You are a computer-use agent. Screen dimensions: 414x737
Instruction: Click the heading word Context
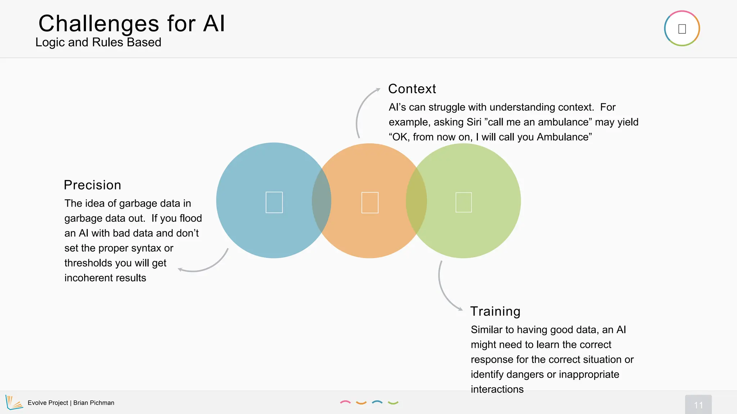click(x=412, y=89)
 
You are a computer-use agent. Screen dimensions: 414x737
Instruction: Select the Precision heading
click(x=92, y=185)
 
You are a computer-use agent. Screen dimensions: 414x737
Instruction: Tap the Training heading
click(x=495, y=311)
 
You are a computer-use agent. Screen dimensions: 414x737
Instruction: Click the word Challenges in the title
click(x=99, y=24)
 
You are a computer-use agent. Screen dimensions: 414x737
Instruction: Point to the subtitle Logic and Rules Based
click(x=98, y=42)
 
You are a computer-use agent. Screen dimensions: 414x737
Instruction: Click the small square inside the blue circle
click(x=274, y=202)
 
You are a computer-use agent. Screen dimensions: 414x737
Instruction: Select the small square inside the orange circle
click(x=370, y=203)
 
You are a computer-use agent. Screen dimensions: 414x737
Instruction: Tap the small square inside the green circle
click(x=464, y=202)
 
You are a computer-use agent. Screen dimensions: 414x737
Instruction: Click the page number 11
click(x=698, y=405)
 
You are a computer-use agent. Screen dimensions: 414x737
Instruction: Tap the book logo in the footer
click(x=14, y=402)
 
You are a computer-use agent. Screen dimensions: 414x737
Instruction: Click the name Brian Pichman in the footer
click(x=94, y=403)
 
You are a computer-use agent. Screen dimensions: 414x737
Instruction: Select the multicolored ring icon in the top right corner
click(x=682, y=28)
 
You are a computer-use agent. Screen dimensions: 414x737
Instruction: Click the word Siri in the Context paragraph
click(x=474, y=122)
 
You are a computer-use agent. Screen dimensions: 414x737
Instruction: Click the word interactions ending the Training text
click(x=497, y=389)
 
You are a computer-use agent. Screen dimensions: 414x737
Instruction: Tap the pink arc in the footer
click(x=345, y=402)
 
